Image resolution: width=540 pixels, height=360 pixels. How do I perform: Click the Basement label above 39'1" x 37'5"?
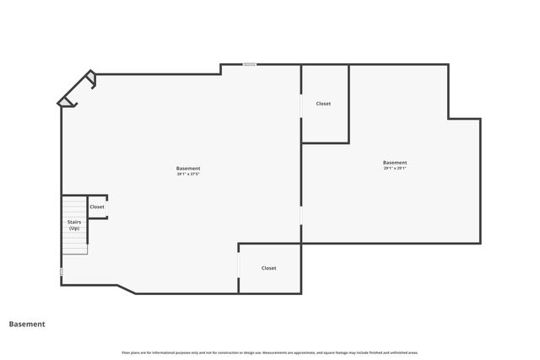[x=188, y=169]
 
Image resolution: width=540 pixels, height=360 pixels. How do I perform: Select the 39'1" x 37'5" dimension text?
[x=188, y=175]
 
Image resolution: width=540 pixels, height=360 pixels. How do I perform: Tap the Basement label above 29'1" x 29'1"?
[x=395, y=163]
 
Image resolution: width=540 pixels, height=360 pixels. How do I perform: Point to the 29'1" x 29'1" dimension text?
[x=395, y=169]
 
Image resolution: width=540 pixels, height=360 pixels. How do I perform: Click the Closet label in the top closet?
[x=323, y=104]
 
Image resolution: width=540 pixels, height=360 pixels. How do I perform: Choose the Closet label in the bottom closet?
[x=268, y=268]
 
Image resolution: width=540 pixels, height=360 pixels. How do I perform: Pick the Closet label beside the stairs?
[x=97, y=207]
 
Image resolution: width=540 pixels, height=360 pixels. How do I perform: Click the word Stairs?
[x=74, y=222]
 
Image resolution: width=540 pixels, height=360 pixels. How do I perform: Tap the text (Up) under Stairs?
[x=74, y=228]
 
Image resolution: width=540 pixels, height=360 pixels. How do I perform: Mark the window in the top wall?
[x=250, y=64]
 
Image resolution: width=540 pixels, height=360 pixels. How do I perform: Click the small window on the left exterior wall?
[x=62, y=271]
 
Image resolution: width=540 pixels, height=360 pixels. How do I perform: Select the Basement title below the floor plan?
[x=27, y=324]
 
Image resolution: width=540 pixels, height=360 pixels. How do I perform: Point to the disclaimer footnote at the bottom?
[x=270, y=352]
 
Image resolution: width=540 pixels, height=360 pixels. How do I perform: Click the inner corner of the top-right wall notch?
[x=449, y=118]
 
